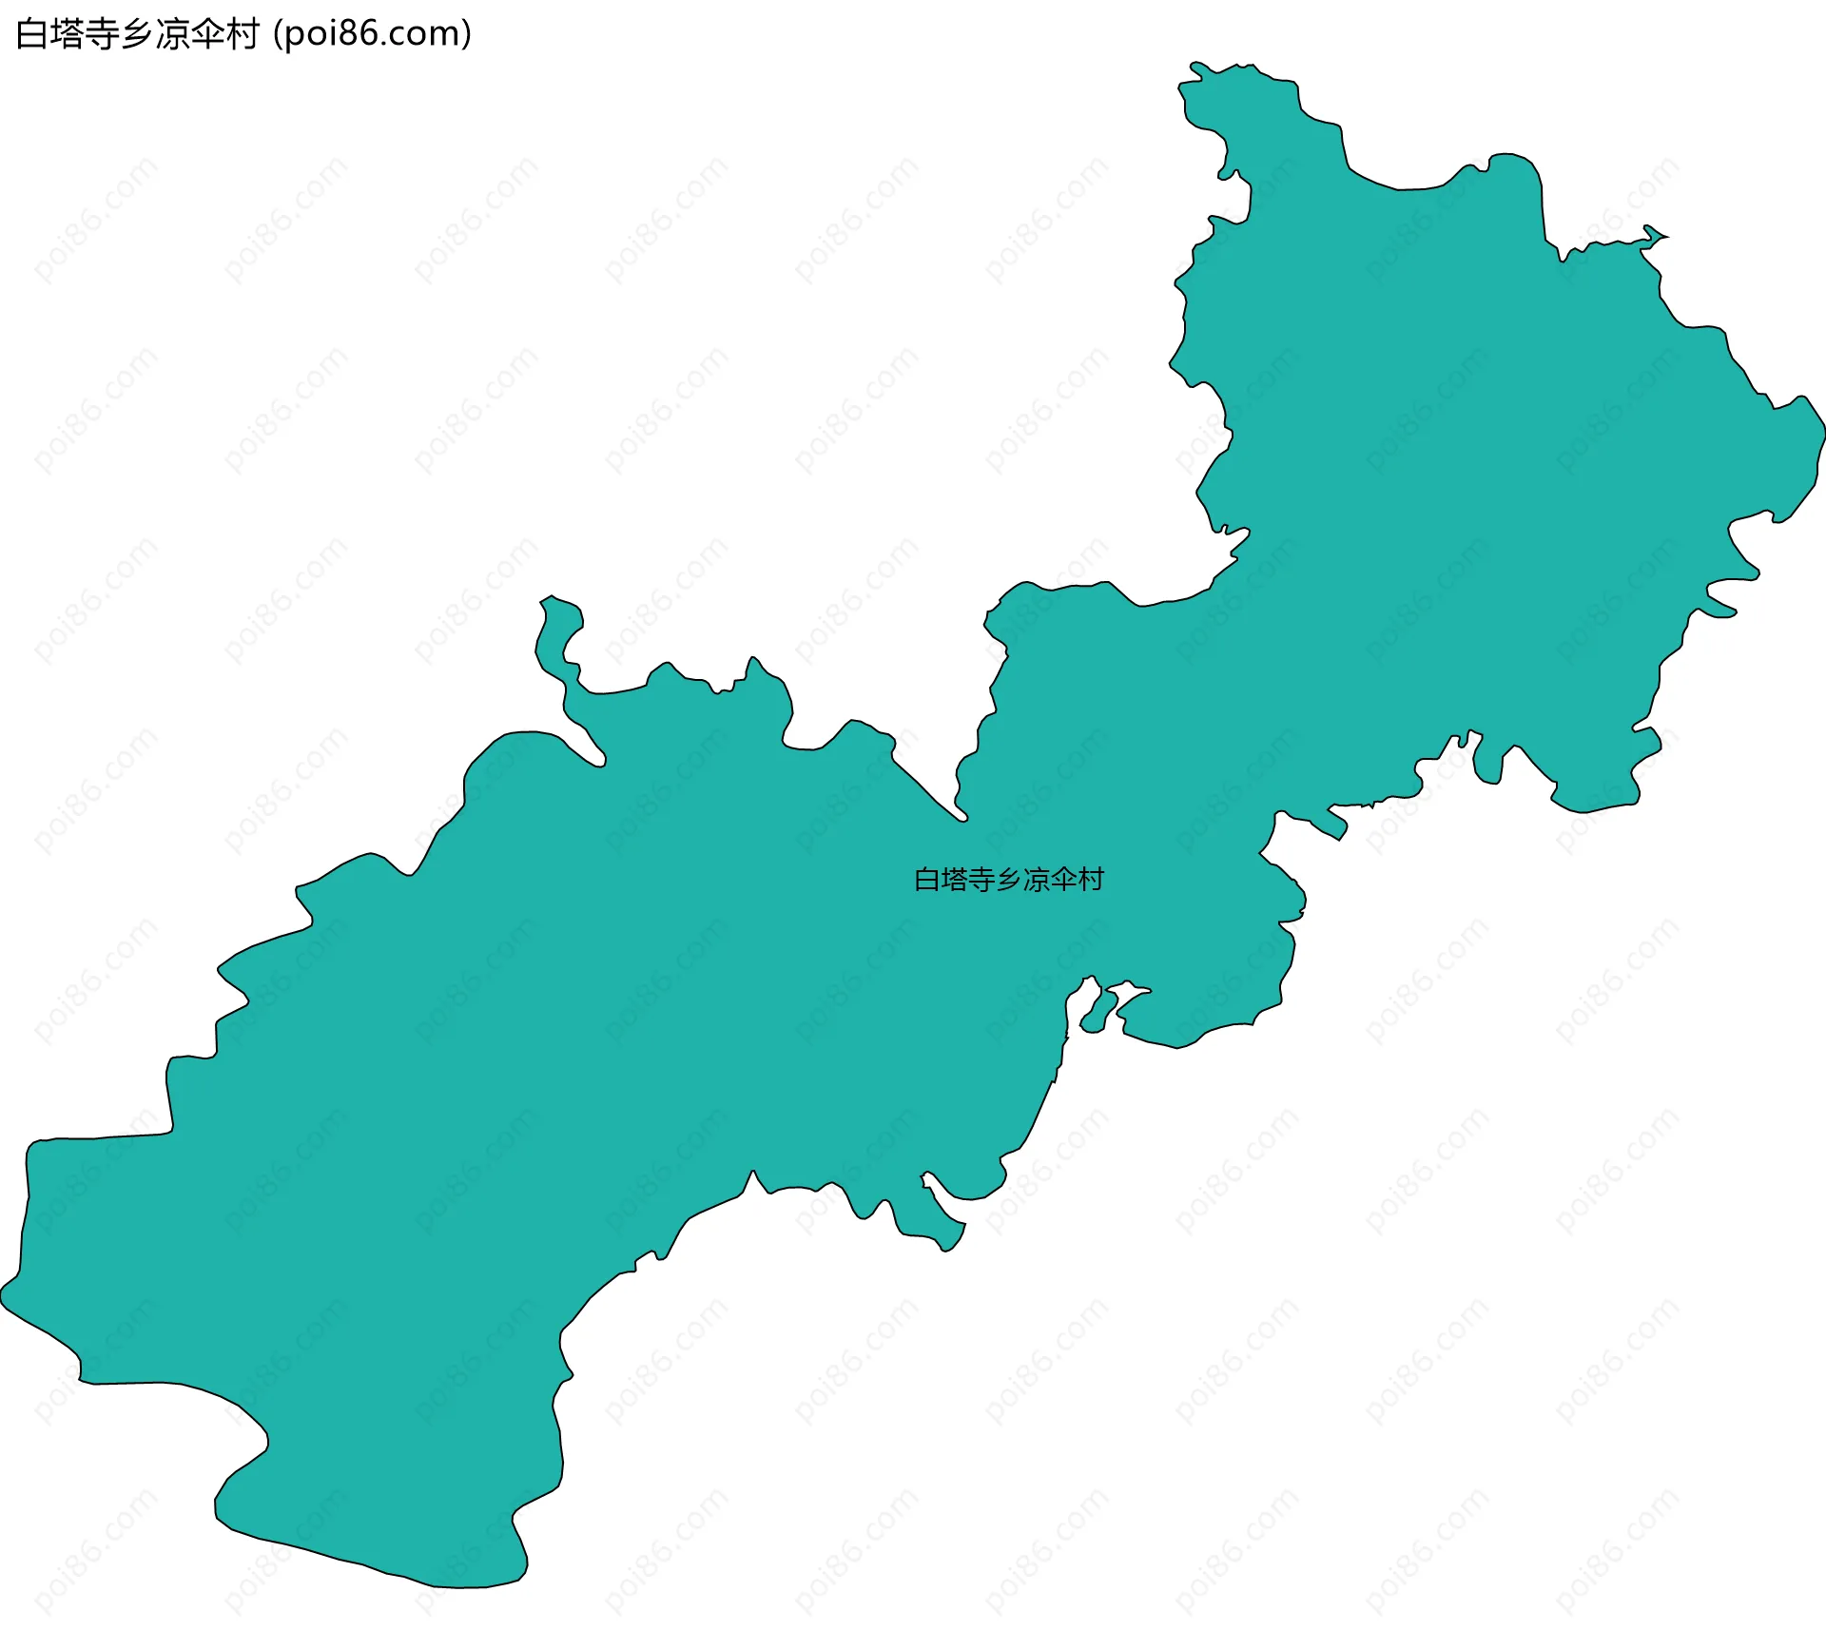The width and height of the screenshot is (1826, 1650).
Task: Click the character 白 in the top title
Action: [32, 34]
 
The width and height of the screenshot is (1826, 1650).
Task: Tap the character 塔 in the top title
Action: [67, 34]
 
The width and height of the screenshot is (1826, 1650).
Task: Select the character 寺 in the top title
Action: [102, 34]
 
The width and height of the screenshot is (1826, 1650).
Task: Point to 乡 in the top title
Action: [137, 34]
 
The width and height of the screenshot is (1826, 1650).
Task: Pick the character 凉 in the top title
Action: [172, 34]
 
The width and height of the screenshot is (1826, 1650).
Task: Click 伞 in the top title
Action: [207, 34]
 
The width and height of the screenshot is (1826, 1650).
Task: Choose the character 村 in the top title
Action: [243, 34]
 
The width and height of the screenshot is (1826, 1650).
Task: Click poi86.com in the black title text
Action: [372, 34]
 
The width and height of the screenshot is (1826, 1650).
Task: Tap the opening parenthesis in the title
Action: [278, 35]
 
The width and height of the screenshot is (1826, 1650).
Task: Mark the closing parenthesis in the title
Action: [466, 35]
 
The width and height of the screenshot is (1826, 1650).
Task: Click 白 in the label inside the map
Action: [927, 880]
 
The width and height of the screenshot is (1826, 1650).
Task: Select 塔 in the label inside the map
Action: [954, 880]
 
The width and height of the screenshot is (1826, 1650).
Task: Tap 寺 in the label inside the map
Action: [981, 880]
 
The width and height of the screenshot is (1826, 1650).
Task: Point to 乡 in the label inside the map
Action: [1008, 880]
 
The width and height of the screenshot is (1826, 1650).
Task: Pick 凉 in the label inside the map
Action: [1036, 880]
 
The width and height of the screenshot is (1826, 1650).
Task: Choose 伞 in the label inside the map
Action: [1063, 880]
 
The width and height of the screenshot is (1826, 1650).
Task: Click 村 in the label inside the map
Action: [1090, 880]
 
